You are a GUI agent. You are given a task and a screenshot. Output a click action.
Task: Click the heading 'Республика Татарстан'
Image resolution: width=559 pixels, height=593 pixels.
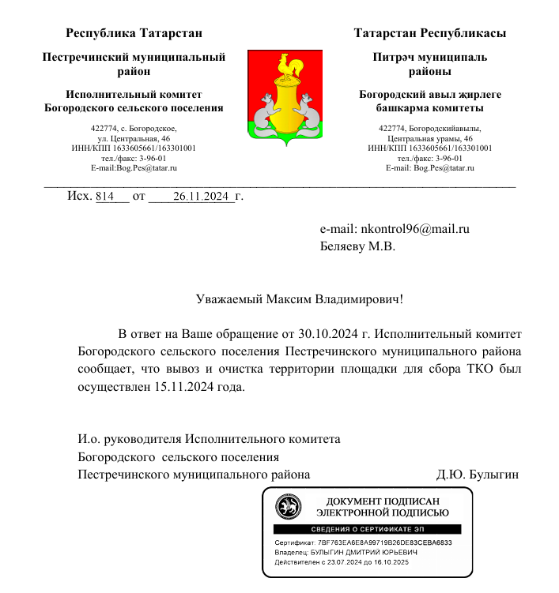[134, 33]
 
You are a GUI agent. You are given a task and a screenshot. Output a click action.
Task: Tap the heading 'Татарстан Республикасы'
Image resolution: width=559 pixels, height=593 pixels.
[430, 33]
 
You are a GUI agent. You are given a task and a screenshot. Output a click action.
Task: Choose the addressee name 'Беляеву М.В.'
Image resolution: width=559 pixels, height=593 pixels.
[357, 246]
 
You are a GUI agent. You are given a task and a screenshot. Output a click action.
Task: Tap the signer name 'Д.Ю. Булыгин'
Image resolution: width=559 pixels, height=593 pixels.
[478, 475]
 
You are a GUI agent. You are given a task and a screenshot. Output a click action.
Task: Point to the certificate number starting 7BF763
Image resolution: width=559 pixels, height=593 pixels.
[384, 543]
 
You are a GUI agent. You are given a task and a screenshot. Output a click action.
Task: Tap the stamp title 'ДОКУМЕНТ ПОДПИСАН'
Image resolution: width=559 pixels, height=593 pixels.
[382, 501]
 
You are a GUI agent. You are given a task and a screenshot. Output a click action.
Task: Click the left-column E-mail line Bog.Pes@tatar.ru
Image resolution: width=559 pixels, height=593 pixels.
[134, 168]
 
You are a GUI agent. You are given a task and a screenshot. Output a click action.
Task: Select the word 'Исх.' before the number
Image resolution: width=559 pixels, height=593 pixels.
[79, 196]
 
